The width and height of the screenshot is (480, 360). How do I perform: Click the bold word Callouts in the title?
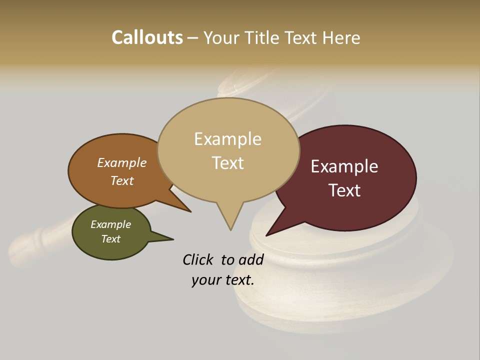click(147, 37)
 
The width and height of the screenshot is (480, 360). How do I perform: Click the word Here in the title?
click(341, 37)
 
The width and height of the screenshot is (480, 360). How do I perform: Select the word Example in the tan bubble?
click(227, 139)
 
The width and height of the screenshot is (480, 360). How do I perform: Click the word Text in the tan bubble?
click(227, 163)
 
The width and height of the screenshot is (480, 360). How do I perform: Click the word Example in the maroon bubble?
click(344, 166)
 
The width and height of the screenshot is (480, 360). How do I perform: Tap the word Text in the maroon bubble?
click(344, 190)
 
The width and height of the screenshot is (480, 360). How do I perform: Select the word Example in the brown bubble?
click(122, 163)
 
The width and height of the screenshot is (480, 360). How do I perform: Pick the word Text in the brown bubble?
click(122, 181)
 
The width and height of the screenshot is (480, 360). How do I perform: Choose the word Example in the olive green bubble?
click(111, 224)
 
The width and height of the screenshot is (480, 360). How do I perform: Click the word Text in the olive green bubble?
click(111, 239)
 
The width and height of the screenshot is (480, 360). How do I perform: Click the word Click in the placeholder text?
click(198, 259)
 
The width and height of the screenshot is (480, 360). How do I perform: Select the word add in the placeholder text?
click(251, 259)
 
